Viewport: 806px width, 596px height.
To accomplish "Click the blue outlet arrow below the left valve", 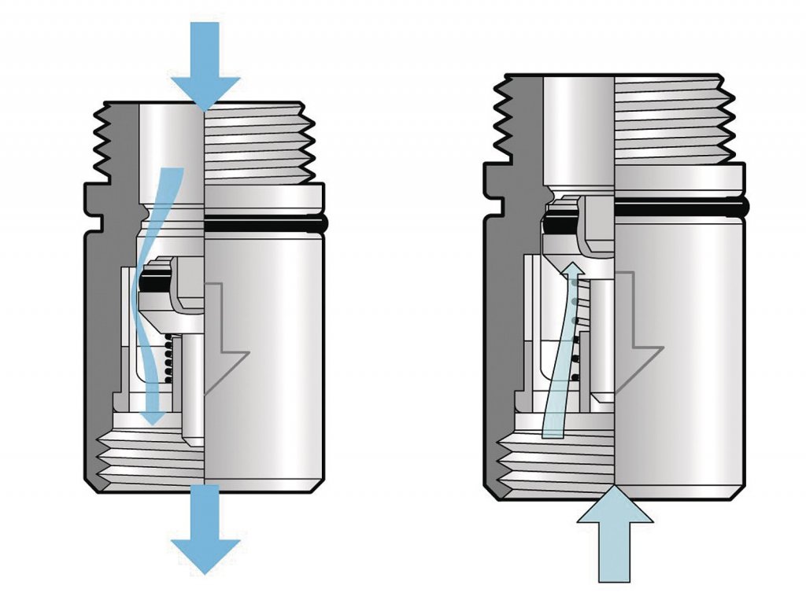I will (x=205, y=535).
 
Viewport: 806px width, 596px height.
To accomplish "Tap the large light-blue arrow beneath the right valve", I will (x=615, y=543).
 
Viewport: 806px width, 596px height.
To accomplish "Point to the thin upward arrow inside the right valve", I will (x=564, y=346).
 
